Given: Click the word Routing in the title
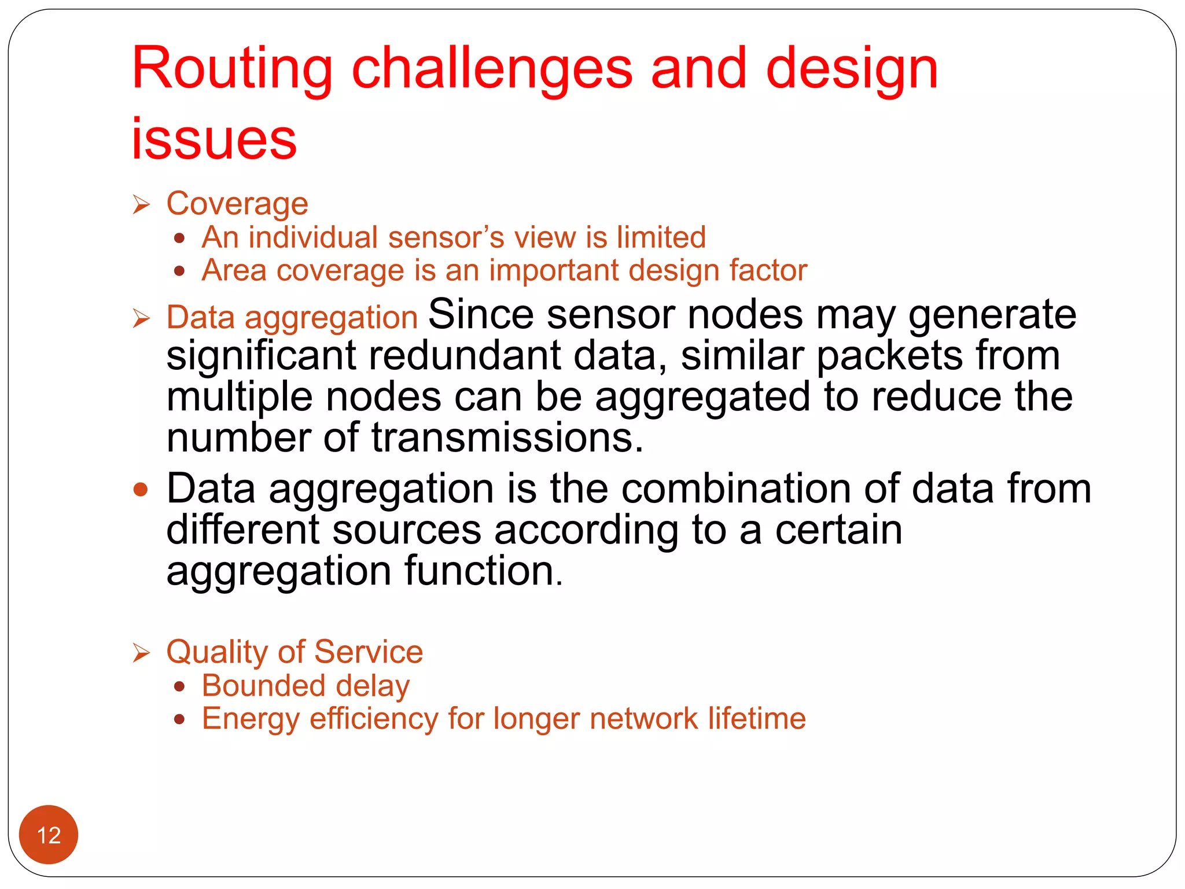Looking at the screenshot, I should pyautogui.click(x=232, y=69).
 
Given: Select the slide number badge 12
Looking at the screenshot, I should pyautogui.click(x=49, y=835).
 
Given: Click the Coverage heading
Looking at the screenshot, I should pyautogui.click(x=237, y=204).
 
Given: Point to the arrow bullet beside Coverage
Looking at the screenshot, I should pyautogui.click(x=141, y=204).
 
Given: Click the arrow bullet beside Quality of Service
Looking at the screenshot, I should pyautogui.click(x=141, y=653).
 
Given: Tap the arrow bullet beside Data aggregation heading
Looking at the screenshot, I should pyautogui.click(x=141, y=318).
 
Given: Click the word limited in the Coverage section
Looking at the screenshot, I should pyautogui.click(x=661, y=237).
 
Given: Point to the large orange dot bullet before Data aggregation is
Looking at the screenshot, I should pyautogui.click(x=141, y=490).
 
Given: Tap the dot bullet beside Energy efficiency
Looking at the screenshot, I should pyautogui.click(x=180, y=719).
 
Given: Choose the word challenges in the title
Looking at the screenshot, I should pyautogui.click(x=492, y=69).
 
